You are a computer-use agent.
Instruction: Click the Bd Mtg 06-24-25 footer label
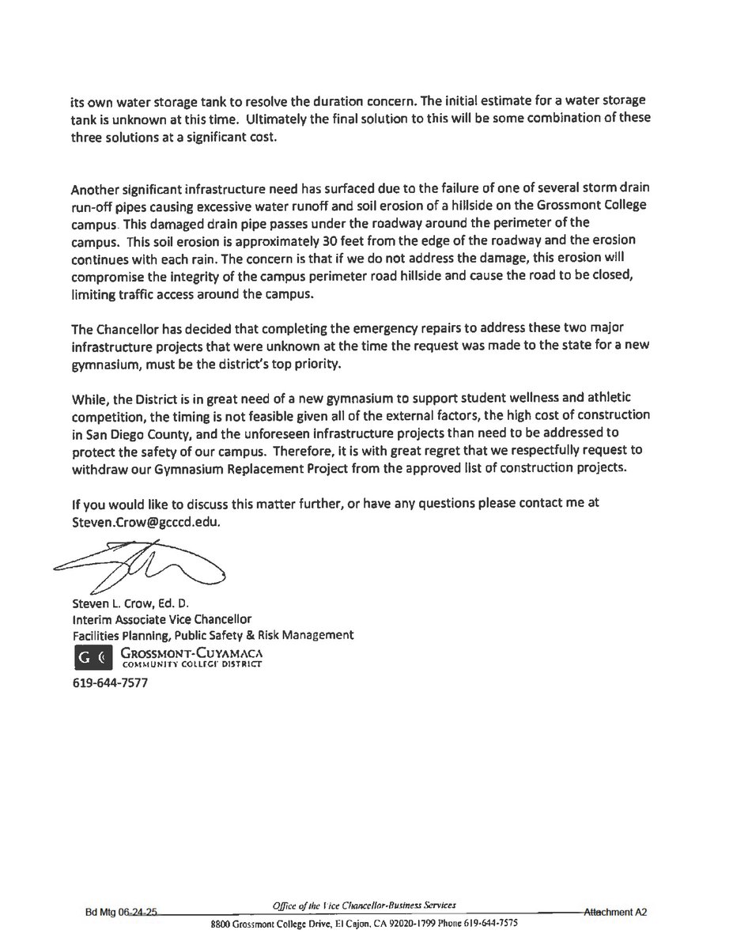123,912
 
